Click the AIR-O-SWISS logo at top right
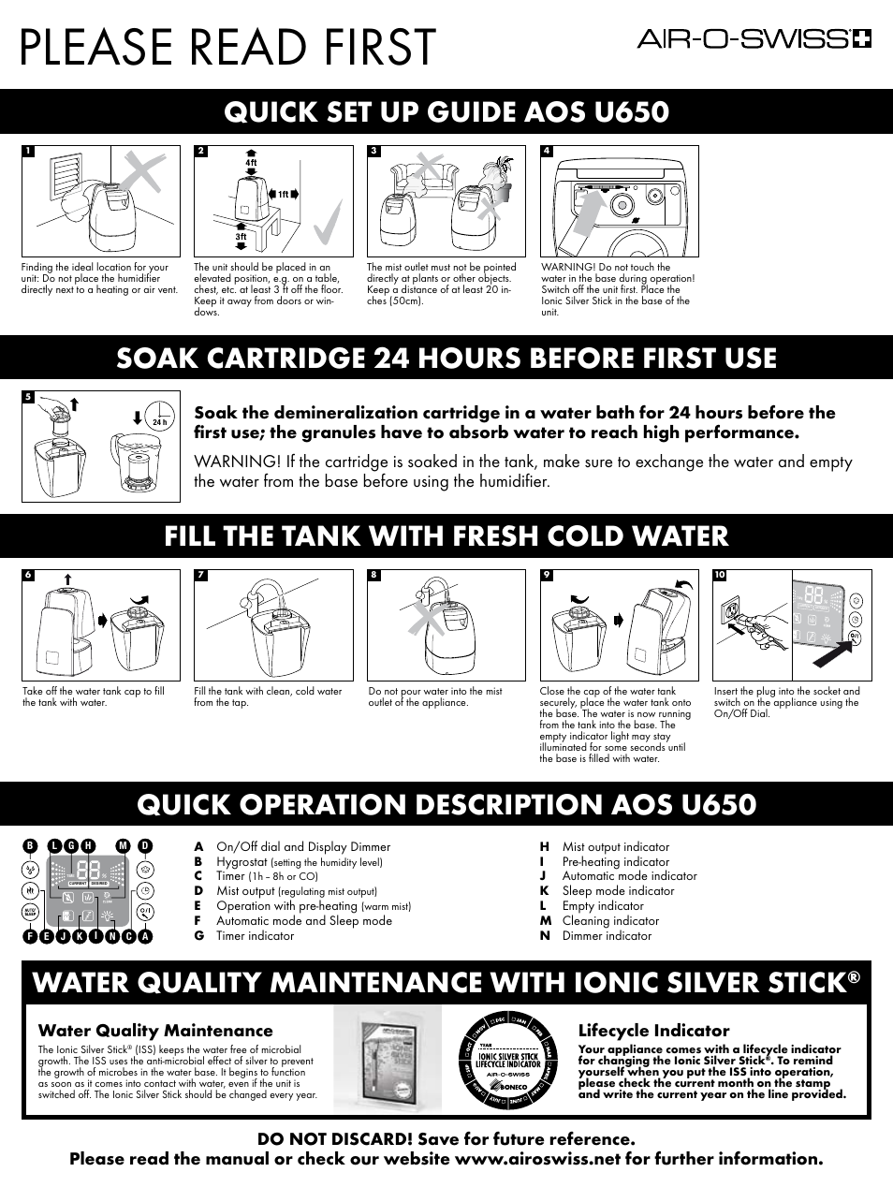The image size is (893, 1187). point(754,39)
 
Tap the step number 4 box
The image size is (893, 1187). point(547,151)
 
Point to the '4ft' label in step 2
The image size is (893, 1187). point(251,163)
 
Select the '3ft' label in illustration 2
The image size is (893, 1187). point(241,237)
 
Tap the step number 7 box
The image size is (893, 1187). point(201,575)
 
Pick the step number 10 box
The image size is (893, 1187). point(720,575)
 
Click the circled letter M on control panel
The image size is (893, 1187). point(124,846)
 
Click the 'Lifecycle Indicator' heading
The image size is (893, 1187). point(653,1030)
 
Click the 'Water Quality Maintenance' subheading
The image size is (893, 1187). point(155,1031)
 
